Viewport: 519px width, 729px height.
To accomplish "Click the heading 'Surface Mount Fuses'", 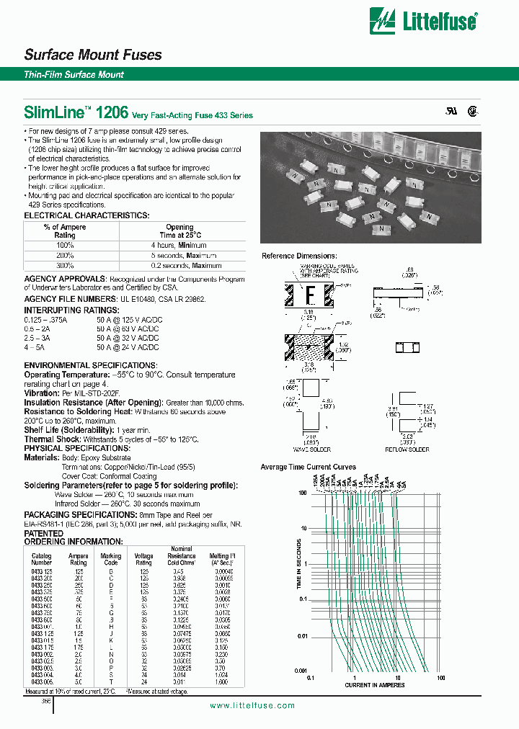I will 93,55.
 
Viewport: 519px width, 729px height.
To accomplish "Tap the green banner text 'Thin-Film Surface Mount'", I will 74,75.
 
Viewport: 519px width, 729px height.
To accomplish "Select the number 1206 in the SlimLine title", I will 113,112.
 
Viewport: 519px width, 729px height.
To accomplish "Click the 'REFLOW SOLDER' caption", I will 409,450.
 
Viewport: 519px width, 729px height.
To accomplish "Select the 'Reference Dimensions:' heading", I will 299,256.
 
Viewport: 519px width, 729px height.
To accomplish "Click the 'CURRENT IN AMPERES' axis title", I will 375,685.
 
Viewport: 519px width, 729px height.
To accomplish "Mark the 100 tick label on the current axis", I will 441,678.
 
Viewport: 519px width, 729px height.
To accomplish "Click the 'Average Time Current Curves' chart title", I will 308,468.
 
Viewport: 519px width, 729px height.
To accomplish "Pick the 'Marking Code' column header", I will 110,559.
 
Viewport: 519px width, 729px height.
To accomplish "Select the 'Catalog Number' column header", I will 42,559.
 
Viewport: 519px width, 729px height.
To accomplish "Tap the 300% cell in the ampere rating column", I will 64,265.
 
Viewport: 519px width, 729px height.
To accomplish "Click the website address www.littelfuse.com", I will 252,705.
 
